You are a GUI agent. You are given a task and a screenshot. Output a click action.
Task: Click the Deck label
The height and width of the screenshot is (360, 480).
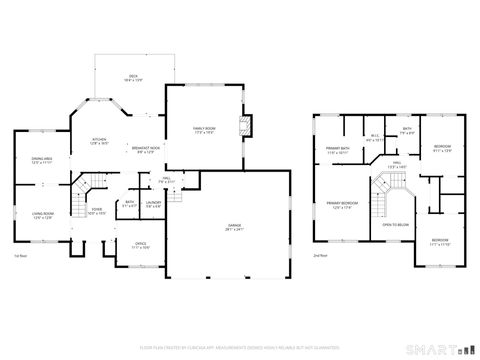(131, 76)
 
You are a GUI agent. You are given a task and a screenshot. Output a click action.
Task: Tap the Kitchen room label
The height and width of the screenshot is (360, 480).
(100, 141)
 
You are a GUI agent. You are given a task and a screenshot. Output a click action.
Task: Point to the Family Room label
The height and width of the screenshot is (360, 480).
(205, 130)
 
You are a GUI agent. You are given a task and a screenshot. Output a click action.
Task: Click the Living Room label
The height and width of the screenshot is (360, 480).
(41, 215)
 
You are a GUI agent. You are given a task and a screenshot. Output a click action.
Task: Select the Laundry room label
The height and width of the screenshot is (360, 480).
(153, 205)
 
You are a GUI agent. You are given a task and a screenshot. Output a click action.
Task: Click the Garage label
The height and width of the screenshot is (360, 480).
(232, 227)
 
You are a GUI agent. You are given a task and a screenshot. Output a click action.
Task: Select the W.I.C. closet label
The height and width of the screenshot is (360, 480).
(374, 138)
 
